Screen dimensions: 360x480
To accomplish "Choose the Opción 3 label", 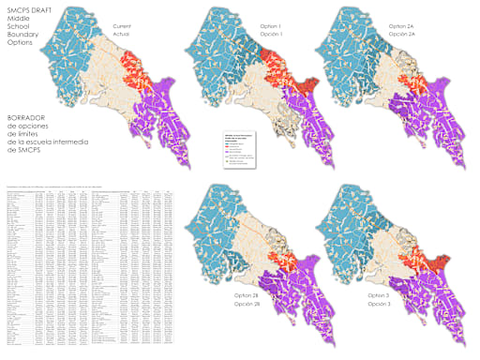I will (379, 305).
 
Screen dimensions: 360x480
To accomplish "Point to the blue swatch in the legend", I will (228, 143).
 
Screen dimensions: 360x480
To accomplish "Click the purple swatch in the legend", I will (228, 152).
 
